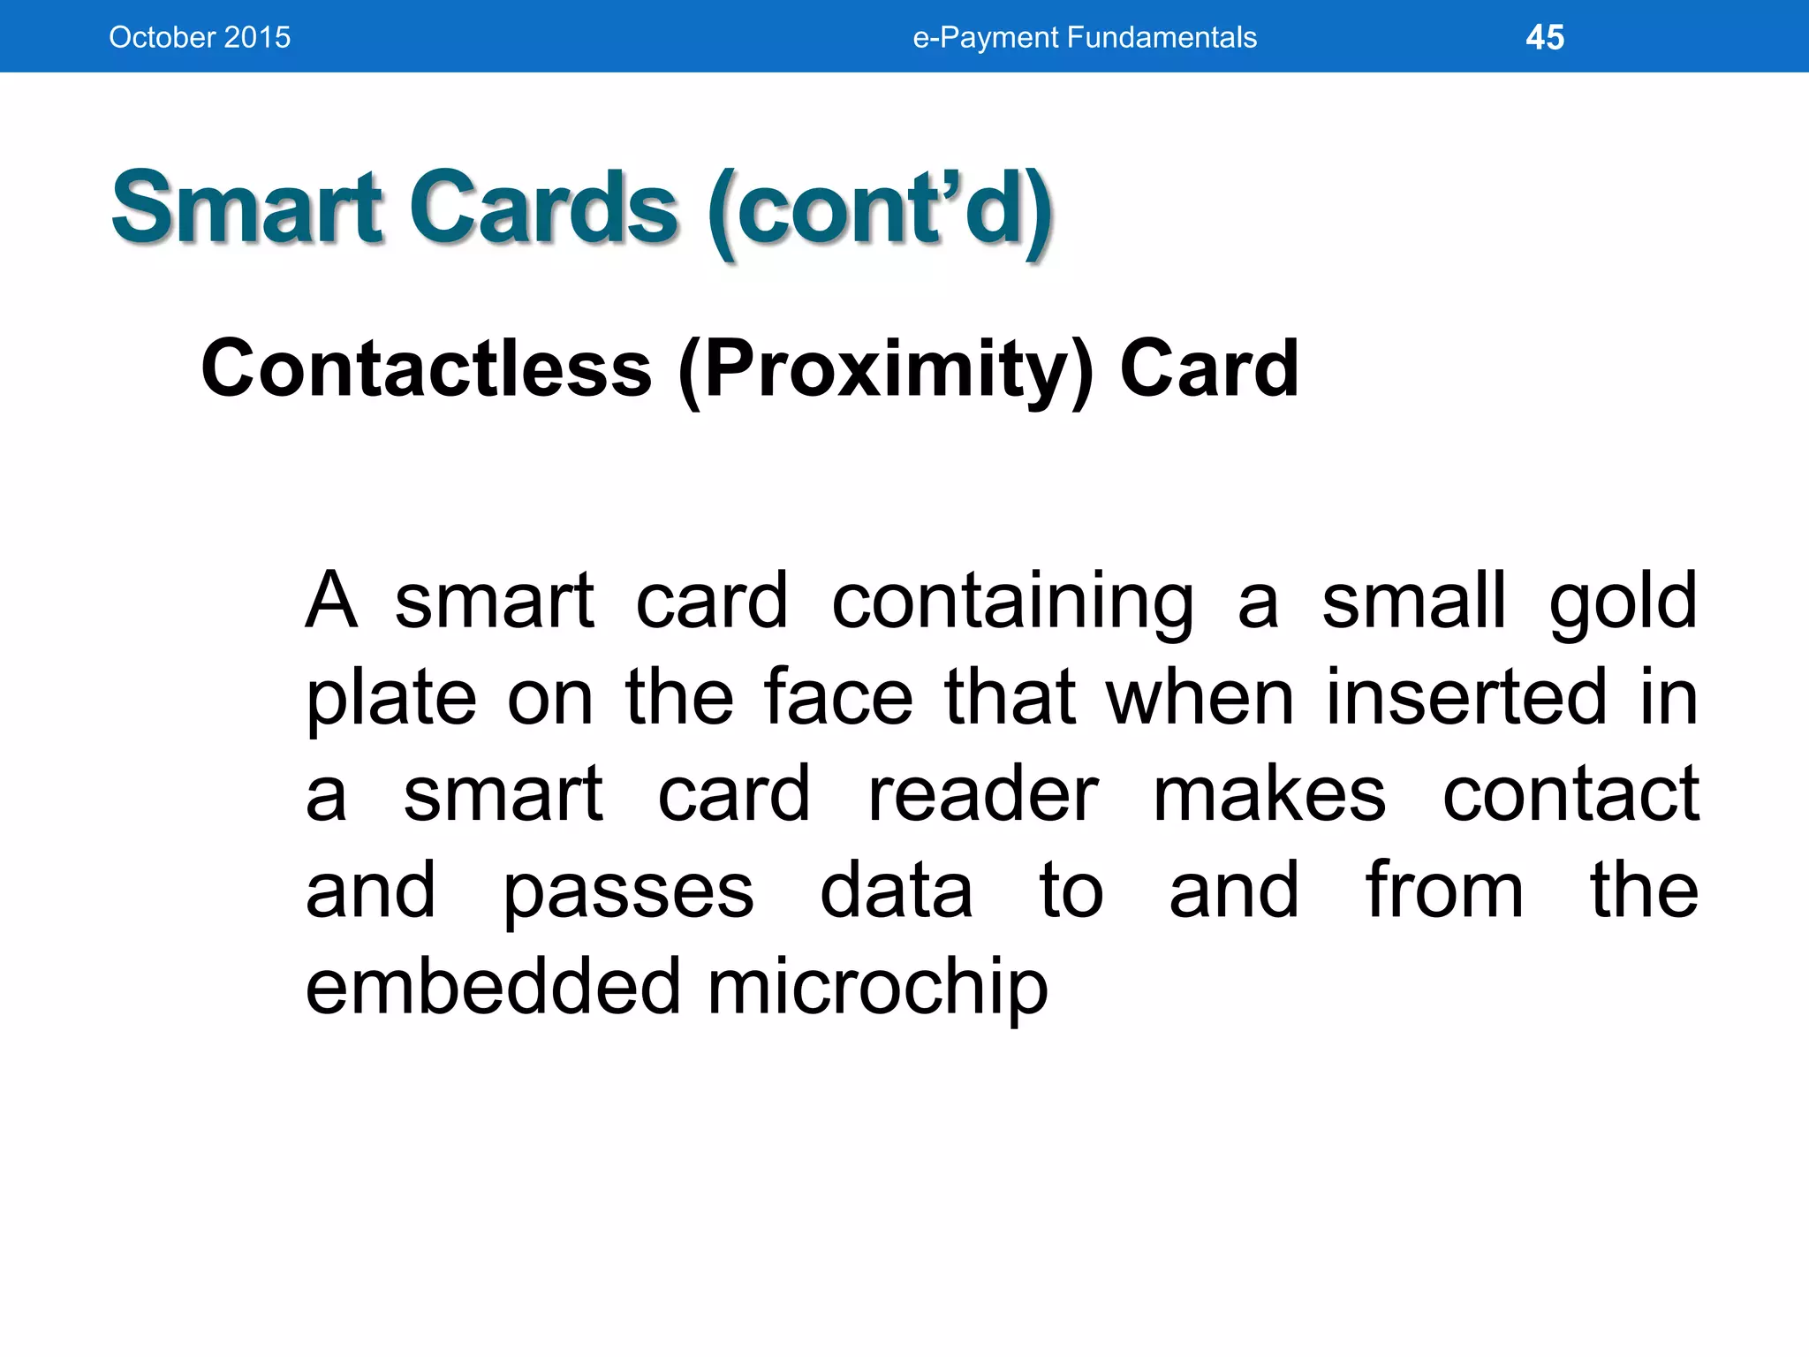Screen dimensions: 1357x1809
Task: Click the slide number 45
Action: tap(1545, 37)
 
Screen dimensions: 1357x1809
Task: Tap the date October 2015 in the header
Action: tap(200, 37)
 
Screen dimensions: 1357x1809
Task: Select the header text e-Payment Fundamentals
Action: tap(1085, 37)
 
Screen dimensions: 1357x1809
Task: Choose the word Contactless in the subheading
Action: tap(426, 368)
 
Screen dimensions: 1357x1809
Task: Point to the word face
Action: tap(837, 698)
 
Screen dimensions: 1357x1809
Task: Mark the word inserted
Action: tap(1466, 698)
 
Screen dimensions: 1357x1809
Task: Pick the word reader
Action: tap(983, 794)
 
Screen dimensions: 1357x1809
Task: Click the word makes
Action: tap(1269, 794)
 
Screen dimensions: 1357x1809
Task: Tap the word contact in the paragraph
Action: tap(1571, 794)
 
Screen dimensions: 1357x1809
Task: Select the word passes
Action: tap(628, 892)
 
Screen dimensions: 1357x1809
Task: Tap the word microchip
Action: tap(877, 988)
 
